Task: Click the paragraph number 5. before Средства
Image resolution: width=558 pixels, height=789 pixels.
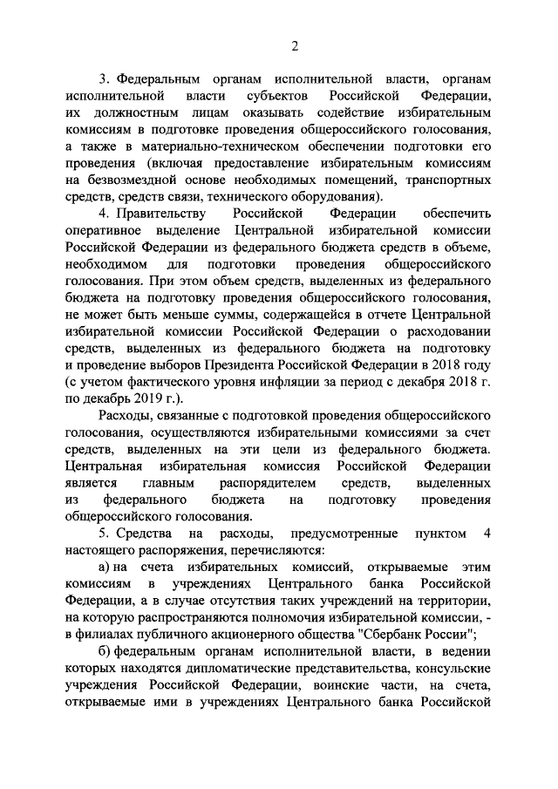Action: (105, 534)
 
